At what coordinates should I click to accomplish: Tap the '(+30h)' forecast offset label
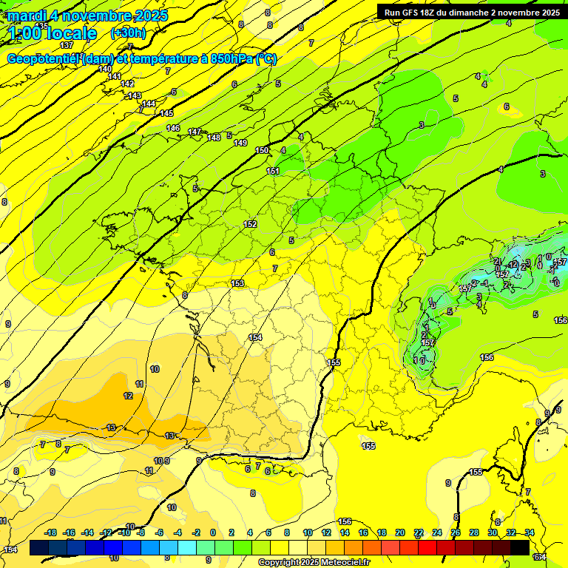coord(128,33)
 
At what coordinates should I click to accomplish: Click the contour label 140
coord(105,69)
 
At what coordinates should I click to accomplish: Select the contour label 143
coord(135,95)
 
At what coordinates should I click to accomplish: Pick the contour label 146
coord(173,128)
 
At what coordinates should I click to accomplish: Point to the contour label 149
coord(240,143)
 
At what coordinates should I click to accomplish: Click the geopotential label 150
coord(262,150)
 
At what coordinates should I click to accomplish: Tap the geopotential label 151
coord(273,171)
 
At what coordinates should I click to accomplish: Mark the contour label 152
coord(250,224)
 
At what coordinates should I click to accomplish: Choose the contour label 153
coord(237,283)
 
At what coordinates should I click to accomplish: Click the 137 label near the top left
coord(67,46)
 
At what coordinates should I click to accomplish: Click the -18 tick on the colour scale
coord(51,532)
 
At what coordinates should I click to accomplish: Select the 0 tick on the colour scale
coord(213,532)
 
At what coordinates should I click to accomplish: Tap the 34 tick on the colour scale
coord(530,532)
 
